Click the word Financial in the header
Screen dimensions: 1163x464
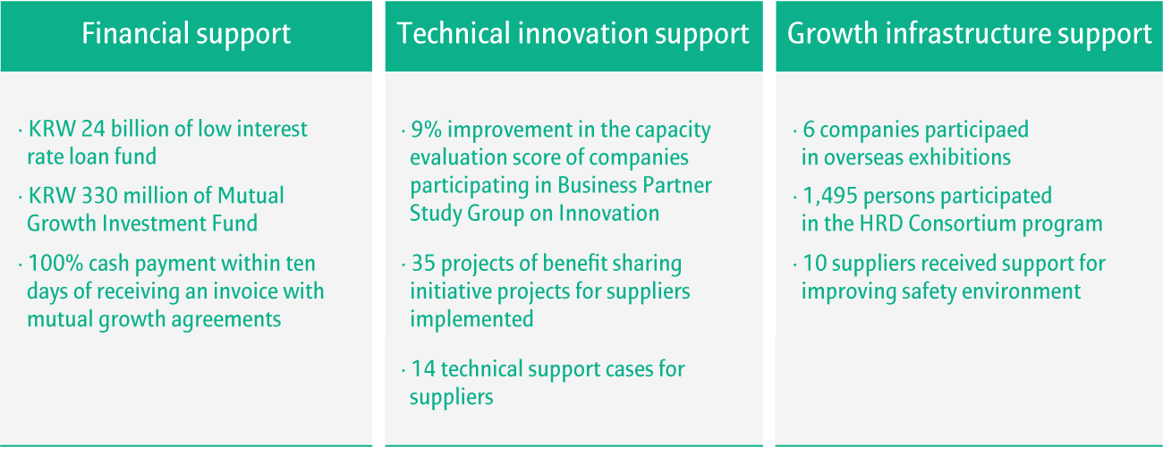pos(135,34)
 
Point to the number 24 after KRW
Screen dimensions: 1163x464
pos(93,129)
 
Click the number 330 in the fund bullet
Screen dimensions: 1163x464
pos(99,196)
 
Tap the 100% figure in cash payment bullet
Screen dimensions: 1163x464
pos(55,263)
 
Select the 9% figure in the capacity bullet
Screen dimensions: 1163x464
pos(426,130)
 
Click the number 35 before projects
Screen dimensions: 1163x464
pos(423,263)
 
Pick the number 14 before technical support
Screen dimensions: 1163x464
pos(423,369)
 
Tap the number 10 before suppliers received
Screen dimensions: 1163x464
pos(815,263)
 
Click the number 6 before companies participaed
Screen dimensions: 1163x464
pos(809,130)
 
